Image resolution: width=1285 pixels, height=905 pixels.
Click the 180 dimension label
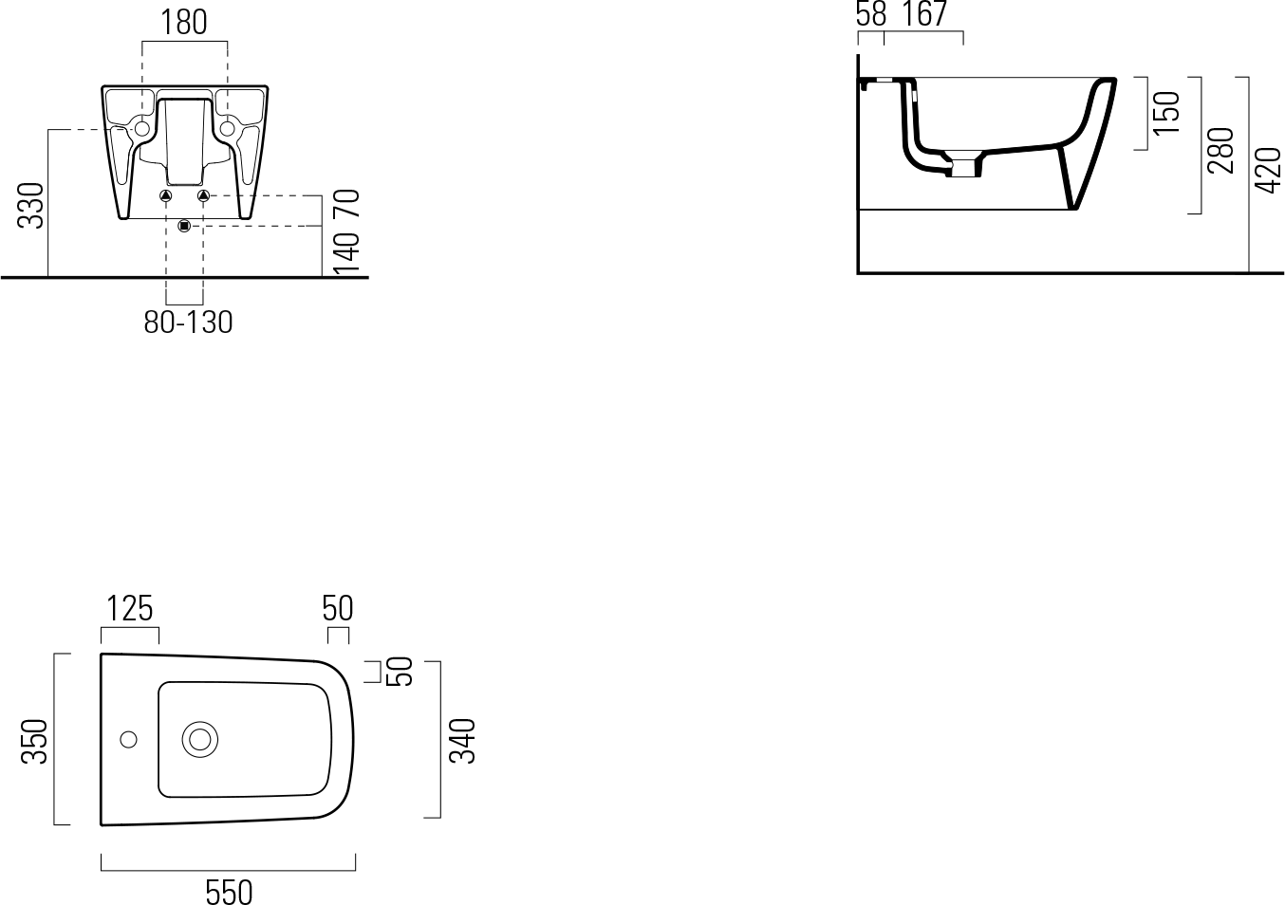pyautogui.click(x=183, y=23)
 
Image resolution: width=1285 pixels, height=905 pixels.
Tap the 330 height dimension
pyautogui.click(x=31, y=205)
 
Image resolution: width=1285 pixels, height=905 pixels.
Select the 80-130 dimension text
pyautogui.click(x=188, y=323)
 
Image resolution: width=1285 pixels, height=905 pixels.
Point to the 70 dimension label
pyautogui.click(x=346, y=203)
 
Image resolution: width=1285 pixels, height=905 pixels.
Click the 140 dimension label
pyautogui.click(x=346, y=254)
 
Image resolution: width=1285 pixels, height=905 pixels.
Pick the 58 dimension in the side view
pyautogui.click(x=871, y=14)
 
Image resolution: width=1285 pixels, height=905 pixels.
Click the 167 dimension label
pyautogui.click(x=925, y=14)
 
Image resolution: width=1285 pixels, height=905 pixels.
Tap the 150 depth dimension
pyautogui.click(x=1166, y=113)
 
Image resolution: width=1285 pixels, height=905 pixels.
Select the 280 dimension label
pyautogui.click(x=1220, y=150)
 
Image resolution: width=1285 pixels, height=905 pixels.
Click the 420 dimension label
pyautogui.click(x=1268, y=171)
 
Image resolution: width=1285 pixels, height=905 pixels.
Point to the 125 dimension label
pyautogui.click(x=130, y=608)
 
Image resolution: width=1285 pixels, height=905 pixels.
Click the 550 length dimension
pyautogui.click(x=229, y=893)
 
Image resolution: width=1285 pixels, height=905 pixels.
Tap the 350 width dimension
pyautogui.click(x=34, y=741)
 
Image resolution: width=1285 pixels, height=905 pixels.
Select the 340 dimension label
pyautogui.click(x=462, y=741)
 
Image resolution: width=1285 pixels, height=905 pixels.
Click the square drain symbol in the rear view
pyautogui.click(x=184, y=226)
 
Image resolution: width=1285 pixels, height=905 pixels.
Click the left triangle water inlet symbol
pyautogui.click(x=166, y=196)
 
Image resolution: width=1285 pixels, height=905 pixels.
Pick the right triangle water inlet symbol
pyautogui.click(x=204, y=196)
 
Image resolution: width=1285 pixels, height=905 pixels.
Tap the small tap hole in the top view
pyautogui.click(x=128, y=739)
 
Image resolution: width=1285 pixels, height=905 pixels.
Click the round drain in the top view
pyautogui.click(x=200, y=739)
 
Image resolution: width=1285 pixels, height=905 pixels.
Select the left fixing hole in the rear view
pyautogui.click(x=141, y=128)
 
